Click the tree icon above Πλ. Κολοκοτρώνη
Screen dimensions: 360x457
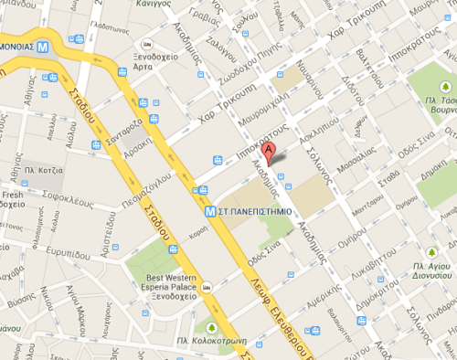(x=212, y=326)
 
